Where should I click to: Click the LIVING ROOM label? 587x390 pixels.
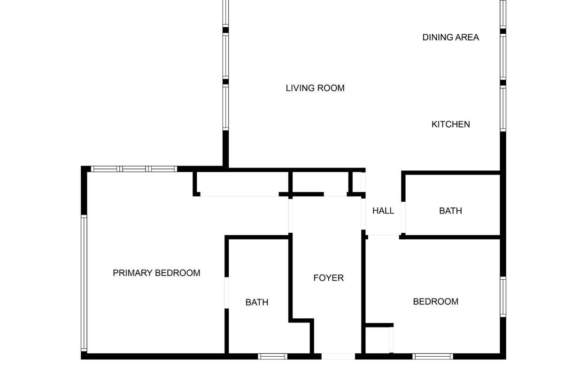(315, 88)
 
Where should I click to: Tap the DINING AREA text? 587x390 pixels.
(450, 38)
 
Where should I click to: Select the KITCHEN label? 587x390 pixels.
(450, 124)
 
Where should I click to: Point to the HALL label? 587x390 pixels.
(383, 211)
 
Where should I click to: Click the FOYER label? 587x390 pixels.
(328, 278)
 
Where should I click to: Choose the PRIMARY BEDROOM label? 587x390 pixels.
(156, 273)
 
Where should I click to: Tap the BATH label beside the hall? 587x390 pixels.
(450, 211)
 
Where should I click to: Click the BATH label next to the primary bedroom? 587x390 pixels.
(257, 303)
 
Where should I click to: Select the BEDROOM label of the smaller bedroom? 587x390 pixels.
(435, 302)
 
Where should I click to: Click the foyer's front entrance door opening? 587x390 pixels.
(338, 356)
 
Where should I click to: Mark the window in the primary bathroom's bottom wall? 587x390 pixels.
(272, 356)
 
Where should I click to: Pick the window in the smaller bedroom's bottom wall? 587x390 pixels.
(433, 356)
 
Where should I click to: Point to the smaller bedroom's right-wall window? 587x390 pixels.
(503, 297)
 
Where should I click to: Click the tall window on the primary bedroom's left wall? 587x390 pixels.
(84, 283)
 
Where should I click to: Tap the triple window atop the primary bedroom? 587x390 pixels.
(134, 169)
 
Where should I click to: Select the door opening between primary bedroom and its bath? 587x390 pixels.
(227, 292)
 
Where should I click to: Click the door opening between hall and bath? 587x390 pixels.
(403, 217)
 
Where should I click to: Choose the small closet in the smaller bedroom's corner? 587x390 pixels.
(378, 340)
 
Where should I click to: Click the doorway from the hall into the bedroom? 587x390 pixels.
(383, 237)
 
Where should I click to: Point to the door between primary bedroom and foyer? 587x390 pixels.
(290, 215)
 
